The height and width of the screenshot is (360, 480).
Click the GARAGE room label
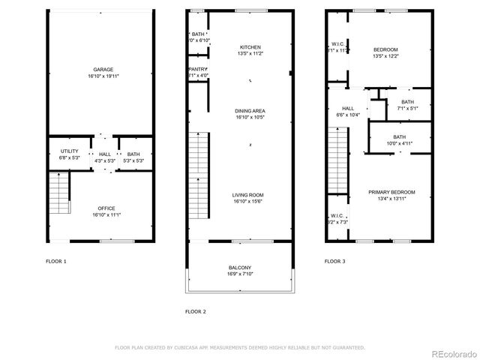tap(103, 70)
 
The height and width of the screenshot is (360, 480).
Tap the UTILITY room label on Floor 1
tap(68, 152)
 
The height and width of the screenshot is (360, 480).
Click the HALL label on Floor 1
tap(104, 154)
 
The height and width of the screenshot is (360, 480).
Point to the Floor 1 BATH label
tap(133, 154)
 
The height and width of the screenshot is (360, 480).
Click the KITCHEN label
tap(250, 47)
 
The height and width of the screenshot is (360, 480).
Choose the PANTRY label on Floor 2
tap(197, 70)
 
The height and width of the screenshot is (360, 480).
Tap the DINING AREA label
tap(250, 111)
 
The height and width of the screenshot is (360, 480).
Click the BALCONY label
tap(240, 268)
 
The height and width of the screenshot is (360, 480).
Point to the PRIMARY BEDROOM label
tap(391, 192)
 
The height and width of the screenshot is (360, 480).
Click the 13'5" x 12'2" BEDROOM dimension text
tap(385, 55)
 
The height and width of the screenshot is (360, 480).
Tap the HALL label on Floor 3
tap(347, 109)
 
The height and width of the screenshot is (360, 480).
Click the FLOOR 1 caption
tap(56, 262)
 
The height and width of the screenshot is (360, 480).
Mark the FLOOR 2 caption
tap(195, 310)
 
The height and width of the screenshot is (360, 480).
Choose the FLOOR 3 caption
tap(334, 262)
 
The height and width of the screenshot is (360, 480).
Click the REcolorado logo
tap(449, 353)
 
